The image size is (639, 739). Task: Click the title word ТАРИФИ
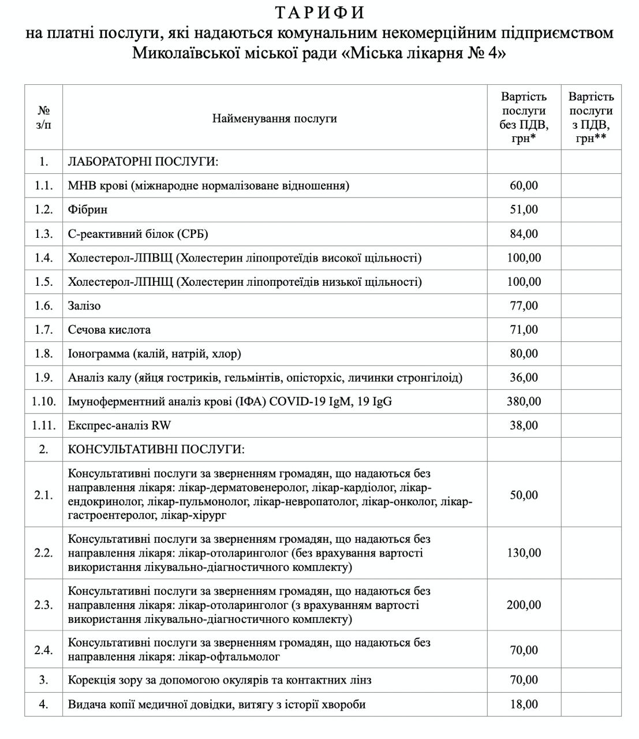[x=319, y=13]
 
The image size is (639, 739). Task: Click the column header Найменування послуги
[x=274, y=118]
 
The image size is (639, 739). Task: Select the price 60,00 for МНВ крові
[x=524, y=185]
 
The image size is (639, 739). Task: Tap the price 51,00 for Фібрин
[x=524, y=210]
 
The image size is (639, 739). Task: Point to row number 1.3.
[x=43, y=234]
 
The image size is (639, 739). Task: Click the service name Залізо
[x=84, y=305]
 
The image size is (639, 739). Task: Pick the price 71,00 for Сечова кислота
[x=524, y=330]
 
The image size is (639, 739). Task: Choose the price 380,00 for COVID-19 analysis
[x=524, y=401]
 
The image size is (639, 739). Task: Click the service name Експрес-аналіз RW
[x=119, y=426]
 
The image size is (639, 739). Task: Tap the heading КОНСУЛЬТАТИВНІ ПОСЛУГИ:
[x=156, y=449]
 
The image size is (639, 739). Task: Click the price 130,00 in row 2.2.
[x=524, y=553]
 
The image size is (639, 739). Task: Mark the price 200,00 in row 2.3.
[x=524, y=605]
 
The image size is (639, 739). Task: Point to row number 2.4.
[x=43, y=650]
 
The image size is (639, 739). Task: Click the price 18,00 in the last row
[x=524, y=704]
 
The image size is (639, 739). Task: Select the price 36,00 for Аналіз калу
[x=524, y=378]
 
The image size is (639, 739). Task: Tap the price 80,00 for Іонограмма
[x=524, y=353]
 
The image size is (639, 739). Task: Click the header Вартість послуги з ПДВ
[x=591, y=118]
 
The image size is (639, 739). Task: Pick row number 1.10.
[x=43, y=401]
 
